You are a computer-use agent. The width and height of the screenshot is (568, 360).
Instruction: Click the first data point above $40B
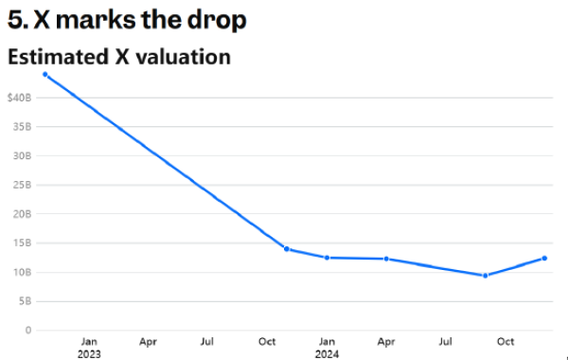pos(45,74)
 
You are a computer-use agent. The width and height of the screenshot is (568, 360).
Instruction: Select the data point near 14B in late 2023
pos(287,249)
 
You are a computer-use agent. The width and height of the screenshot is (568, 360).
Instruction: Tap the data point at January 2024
pos(327,258)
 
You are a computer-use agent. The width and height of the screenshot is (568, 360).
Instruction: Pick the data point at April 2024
pos(386,259)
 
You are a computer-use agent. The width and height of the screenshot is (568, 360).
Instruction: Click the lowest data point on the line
pos(486,276)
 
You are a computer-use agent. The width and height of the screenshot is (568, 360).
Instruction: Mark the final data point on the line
pos(544,258)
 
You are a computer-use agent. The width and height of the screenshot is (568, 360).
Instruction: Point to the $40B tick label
pos(19,98)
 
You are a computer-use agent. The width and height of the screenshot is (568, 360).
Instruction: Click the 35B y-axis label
pos(22,127)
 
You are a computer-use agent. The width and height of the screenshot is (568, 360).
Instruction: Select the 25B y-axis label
pos(22,185)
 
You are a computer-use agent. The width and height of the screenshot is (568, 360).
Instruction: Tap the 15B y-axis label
pos(22,243)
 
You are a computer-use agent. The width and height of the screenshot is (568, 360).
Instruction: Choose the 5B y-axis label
pos(25,301)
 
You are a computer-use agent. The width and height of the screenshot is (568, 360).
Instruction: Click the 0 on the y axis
pos(28,331)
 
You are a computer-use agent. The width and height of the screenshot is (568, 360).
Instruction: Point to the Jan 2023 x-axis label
pos(89,348)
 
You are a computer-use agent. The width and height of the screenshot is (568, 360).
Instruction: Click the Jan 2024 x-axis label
pos(327,348)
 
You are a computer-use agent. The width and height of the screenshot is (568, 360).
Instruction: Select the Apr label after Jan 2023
pos(149,342)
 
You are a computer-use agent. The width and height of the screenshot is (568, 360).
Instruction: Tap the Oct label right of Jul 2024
pos(506,341)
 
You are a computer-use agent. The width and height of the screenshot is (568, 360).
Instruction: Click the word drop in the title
pos(217,20)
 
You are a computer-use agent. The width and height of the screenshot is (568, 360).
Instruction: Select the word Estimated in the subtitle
pos(59,57)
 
